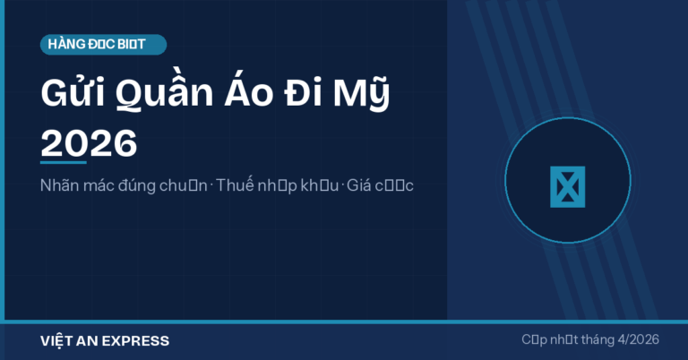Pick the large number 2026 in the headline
[x=90, y=142]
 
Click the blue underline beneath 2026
[x=64, y=162]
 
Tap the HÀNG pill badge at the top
[x=104, y=44]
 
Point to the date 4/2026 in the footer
[x=634, y=340]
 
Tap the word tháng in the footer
[x=587, y=340]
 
